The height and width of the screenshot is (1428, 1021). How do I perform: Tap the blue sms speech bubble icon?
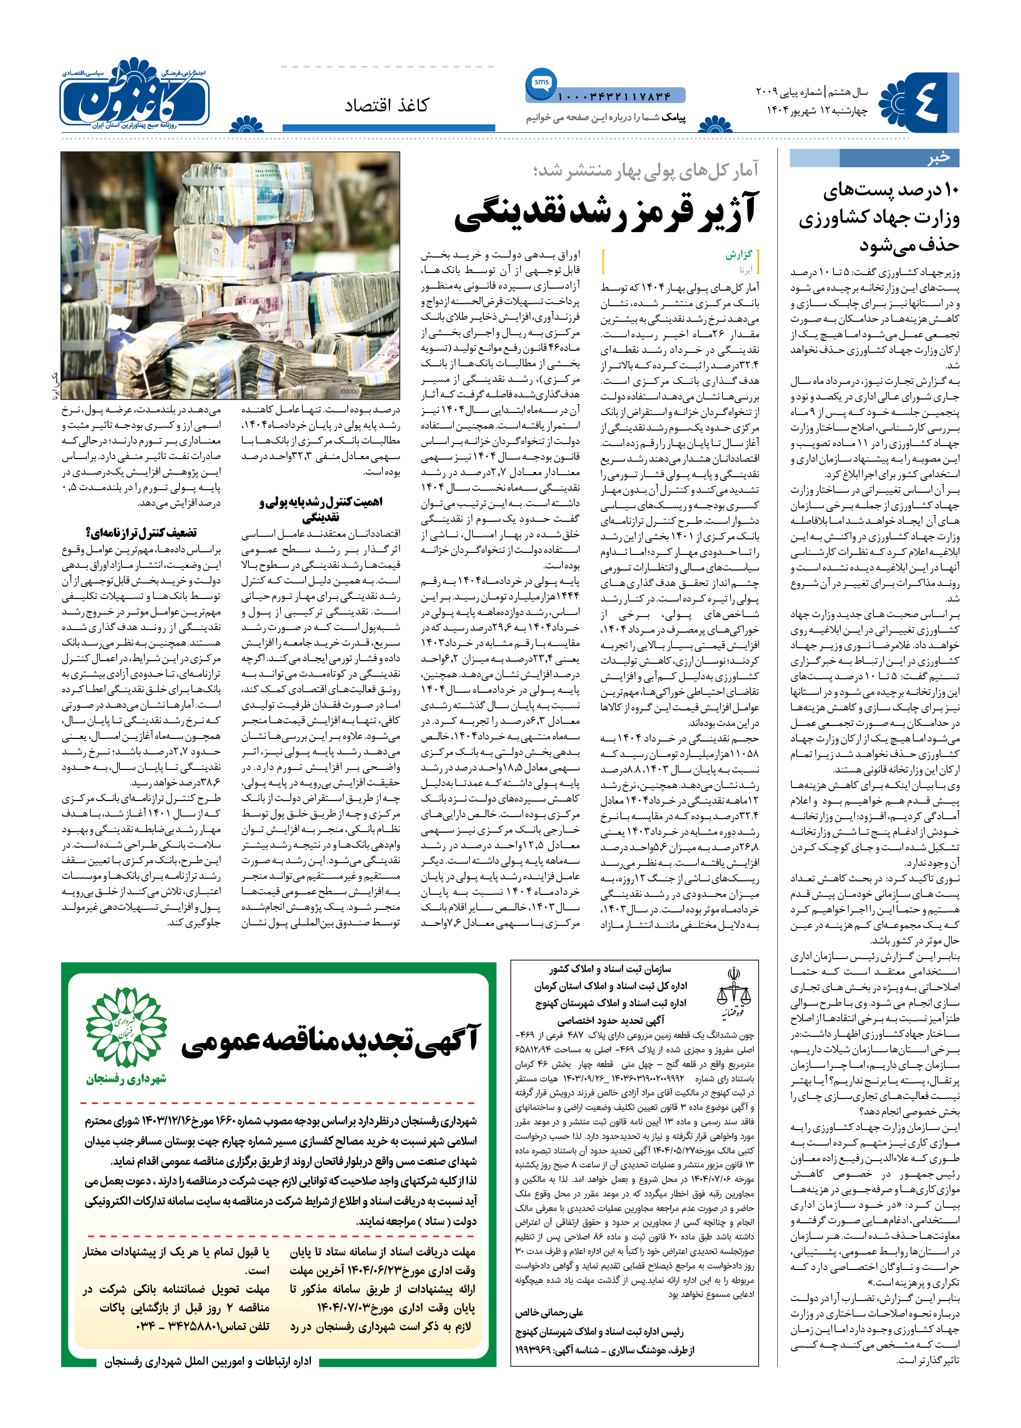click(x=541, y=83)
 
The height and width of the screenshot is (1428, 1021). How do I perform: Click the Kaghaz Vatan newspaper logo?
click(x=135, y=94)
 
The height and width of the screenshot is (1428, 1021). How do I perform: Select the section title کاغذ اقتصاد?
click(x=387, y=106)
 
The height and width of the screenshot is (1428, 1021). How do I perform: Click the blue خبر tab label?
click(x=938, y=157)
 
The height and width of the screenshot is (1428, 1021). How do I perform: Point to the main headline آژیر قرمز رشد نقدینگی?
click(x=606, y=211)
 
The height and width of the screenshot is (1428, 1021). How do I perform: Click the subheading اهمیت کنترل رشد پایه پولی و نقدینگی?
click(x=320, y=509)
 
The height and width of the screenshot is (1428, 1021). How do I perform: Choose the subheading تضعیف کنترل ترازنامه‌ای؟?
click(x=142, y=533)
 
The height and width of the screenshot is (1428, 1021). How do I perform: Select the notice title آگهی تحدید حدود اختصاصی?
click(x=611, y=1020)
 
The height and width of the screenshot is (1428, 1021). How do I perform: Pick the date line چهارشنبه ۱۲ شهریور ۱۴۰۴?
click(x=817, y=110)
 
